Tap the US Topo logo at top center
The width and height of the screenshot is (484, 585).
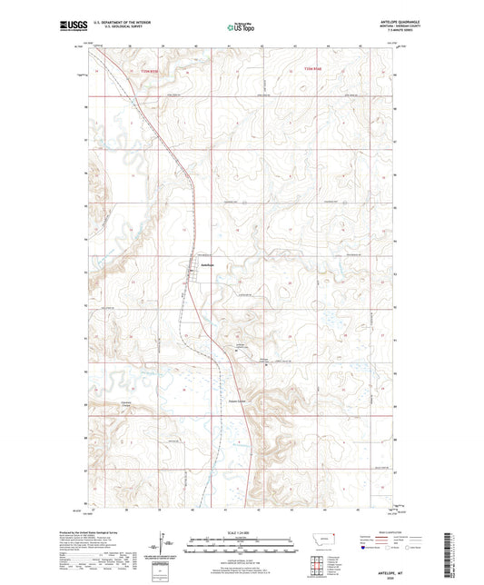point(241,28)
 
